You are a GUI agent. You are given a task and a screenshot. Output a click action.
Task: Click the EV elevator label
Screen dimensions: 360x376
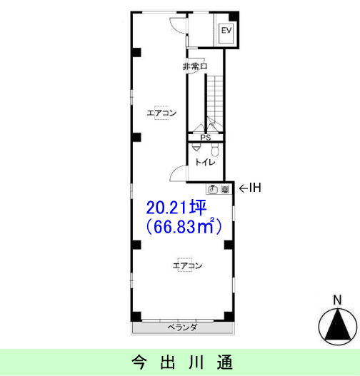[x=226, y=30]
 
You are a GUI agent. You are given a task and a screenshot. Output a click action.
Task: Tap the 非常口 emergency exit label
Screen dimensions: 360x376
[x=194, y=66]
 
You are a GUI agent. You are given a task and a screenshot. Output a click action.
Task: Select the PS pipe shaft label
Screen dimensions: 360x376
[x=206, y=138]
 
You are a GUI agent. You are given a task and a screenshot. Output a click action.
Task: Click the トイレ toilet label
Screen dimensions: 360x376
[x=205, y=163]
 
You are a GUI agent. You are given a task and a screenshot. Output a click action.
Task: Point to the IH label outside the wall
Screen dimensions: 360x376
[x=255, y=188]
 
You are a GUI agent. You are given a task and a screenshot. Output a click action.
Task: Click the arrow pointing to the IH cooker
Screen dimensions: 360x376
[x=244, y=188]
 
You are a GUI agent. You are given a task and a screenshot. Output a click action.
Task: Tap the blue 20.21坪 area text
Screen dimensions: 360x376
[x=176, y=208]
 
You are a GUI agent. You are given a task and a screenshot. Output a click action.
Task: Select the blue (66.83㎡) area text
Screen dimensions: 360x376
[x=184, y=227]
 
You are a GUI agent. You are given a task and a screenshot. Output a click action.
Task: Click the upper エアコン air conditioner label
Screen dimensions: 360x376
[x=161, y=113]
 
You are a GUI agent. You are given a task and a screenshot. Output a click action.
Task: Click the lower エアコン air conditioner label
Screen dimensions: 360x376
[x=187, y=265]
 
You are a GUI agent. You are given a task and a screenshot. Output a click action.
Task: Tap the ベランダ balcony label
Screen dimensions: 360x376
[x=182, y=327]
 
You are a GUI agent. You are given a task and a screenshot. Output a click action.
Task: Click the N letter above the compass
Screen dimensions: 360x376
[x=337, y=300]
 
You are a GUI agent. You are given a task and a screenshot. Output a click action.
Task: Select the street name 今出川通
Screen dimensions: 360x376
[x=182, y=362]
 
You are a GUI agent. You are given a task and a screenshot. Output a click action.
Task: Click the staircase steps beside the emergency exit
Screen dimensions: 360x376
[x=215, y=98]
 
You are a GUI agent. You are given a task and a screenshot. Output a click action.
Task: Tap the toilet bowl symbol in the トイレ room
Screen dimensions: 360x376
[x=215, y=149]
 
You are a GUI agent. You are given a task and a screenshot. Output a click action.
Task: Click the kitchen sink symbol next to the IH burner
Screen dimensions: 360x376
[x=213, y=190]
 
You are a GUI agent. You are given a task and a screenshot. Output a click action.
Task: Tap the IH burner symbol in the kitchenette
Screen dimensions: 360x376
[x=225, y=190]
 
